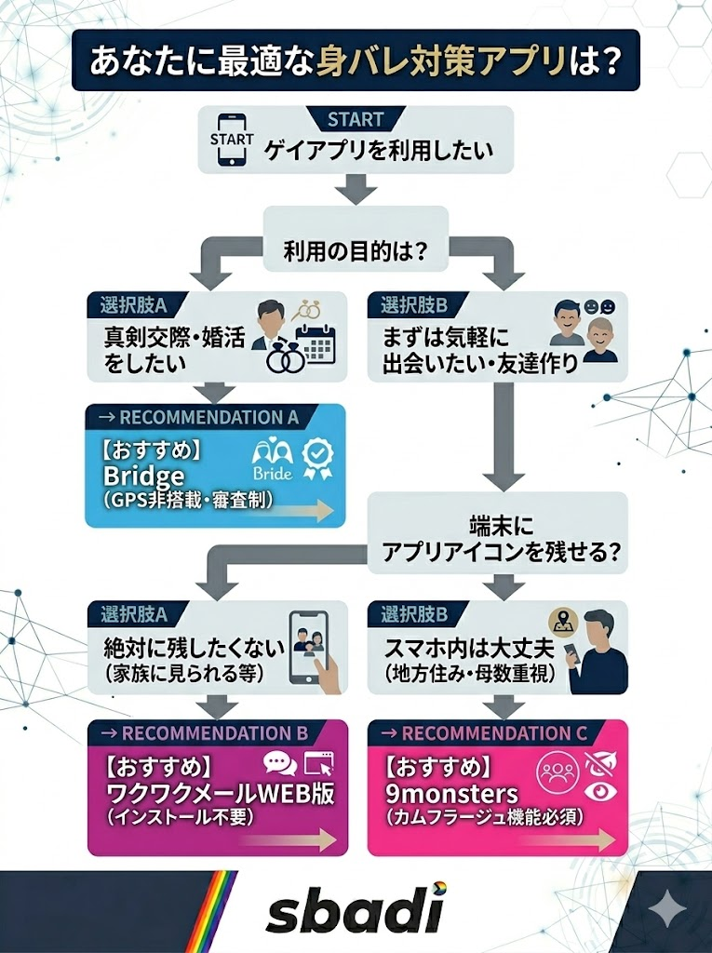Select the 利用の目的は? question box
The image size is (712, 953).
(356, 250)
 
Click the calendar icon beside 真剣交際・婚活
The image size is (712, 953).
(314, 343)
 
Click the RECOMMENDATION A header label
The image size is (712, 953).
(207, 417)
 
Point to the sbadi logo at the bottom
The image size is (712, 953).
(356, 910)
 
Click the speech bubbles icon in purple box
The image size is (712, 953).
(279, 764)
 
